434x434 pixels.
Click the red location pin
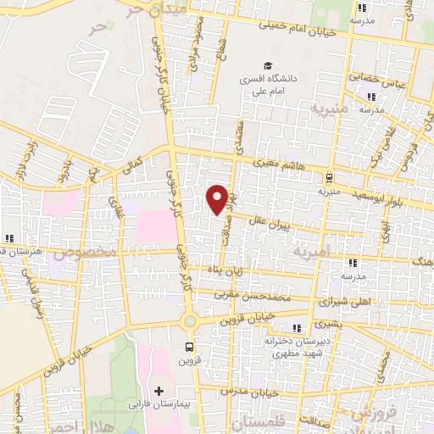(x=217, y=198)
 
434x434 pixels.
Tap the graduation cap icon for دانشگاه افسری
(x=268, y=66)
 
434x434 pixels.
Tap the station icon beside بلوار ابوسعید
(x=328, y=177)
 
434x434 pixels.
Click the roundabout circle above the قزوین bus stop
(x=188, y=321)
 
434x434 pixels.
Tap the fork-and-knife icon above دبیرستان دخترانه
(x=296, y=327)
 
